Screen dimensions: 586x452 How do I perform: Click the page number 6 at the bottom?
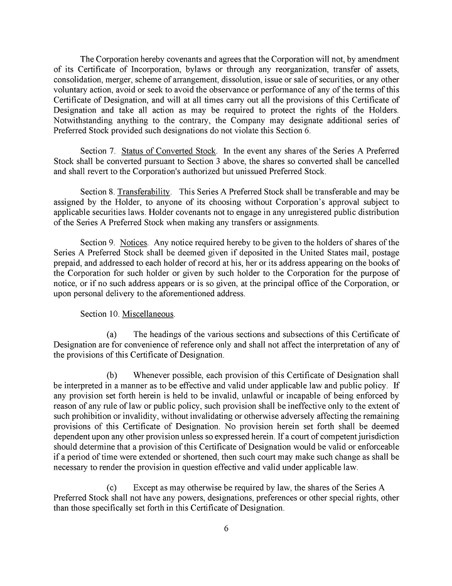pyautogui.click(x=226, y=528)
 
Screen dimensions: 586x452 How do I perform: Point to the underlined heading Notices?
pyautogui.click(x=133, y=242)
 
